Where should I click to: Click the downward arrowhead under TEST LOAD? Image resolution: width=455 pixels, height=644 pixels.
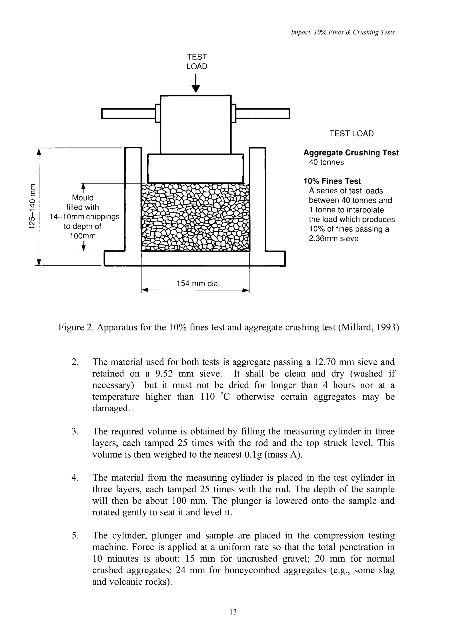(197, 89)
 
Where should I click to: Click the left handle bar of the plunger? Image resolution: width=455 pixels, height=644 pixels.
(128, 114)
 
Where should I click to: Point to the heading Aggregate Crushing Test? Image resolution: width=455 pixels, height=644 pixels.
(351, 153)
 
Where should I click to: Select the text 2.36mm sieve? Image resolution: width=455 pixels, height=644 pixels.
(334, 239)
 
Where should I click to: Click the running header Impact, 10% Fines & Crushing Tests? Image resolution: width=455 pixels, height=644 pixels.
(343, 32)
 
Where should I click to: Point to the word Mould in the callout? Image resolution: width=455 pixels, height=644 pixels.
(83, 198)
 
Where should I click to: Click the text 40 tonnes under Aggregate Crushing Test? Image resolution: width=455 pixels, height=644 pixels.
(326, 162)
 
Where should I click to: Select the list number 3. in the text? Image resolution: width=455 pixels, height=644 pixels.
(74, 431)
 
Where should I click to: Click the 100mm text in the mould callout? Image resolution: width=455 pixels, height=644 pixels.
(83, 236)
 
